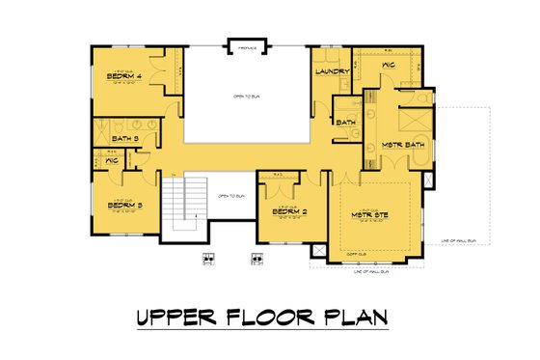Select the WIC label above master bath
click(x=389, y=67)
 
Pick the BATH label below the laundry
click(x=345, y=123)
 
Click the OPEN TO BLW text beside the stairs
click(x=231, y=196)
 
